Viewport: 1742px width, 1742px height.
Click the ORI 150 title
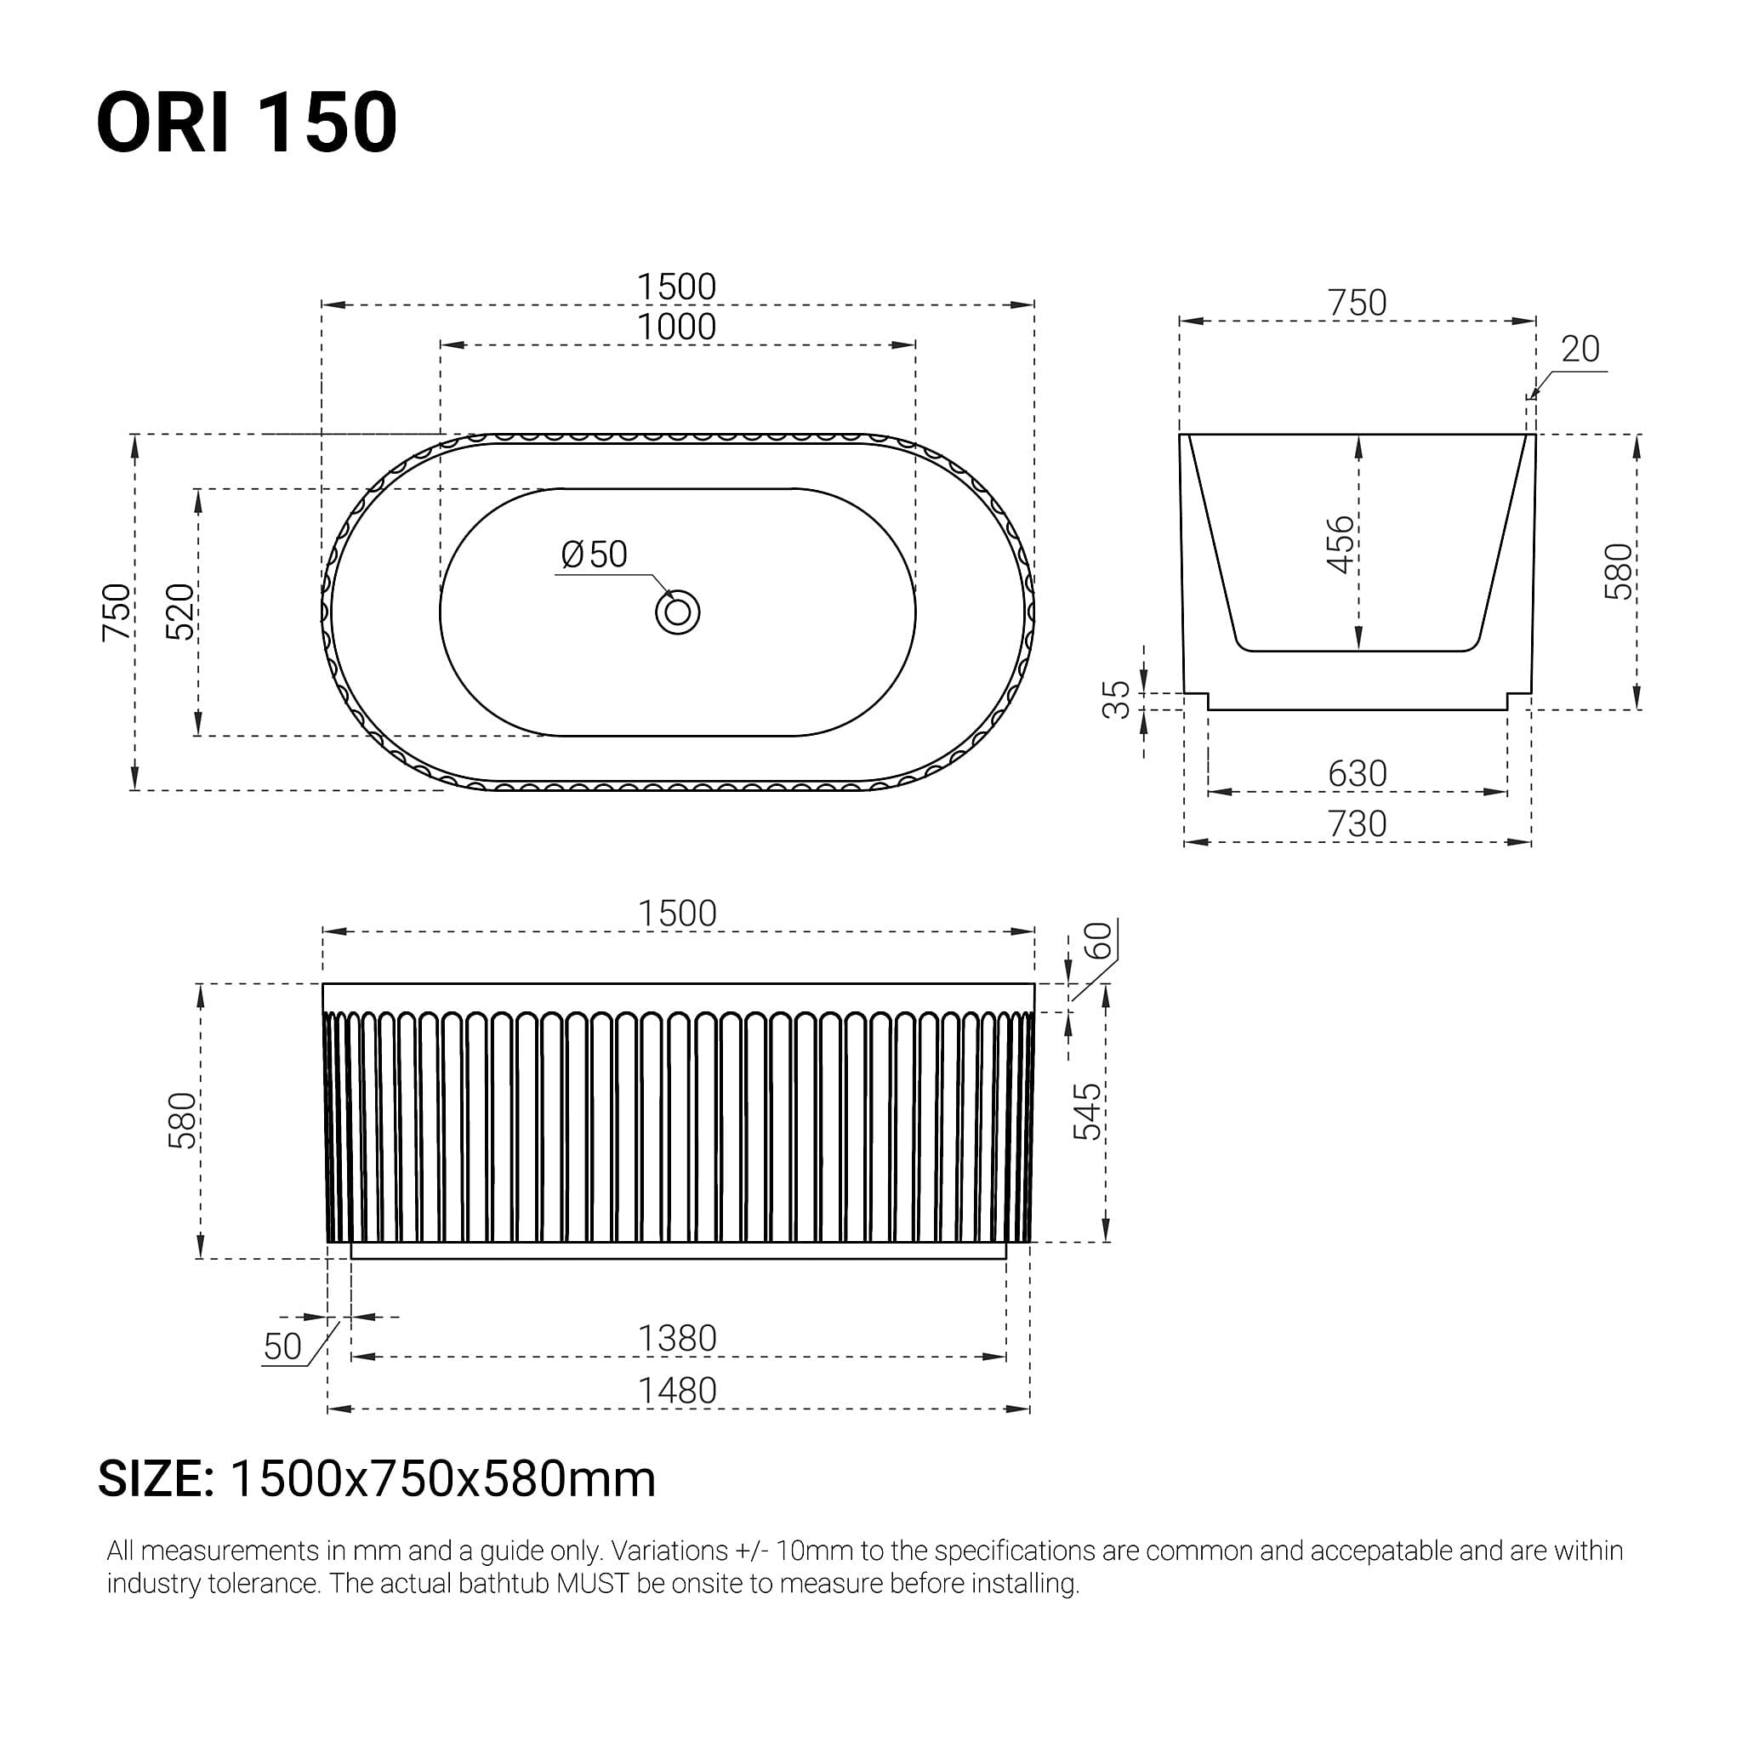(246, 122)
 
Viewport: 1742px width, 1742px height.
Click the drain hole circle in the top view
(677, 613)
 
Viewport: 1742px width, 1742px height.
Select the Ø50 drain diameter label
(594, 555)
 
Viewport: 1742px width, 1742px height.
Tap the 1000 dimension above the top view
(676, 327)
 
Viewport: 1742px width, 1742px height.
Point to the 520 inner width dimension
(180, 612)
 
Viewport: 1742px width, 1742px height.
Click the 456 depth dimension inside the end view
(1341, 544)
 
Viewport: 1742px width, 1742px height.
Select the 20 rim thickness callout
(1580, 350)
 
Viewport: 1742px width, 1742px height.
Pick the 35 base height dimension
(1116, 700)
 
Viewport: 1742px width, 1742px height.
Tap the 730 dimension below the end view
(1357, 824)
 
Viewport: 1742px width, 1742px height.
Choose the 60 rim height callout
(1098, 942)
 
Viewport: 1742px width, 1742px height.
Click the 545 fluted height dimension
(1087, 1112)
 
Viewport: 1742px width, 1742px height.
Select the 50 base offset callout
(282, 1347)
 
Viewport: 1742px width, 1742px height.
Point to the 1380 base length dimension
(676, 1339)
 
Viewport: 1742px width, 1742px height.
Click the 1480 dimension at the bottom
(676, 1392)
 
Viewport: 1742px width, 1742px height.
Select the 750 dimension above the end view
(1357, 303)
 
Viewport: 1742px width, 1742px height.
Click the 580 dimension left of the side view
(182, 1121)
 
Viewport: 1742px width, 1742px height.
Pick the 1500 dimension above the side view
(676, 914)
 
